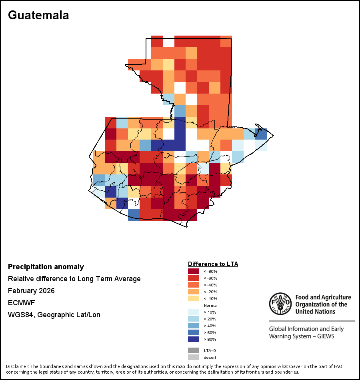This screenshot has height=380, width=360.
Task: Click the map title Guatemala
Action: (38, 15)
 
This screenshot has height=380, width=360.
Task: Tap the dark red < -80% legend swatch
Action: (194, 271)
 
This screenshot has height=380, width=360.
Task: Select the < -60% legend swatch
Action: (194, 278)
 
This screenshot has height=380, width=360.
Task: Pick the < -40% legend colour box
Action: (194, 285)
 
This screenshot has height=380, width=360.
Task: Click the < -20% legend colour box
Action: (194, 292)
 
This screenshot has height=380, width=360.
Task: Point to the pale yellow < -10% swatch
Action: (194, 298)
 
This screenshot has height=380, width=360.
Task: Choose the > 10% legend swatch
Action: (194, 312)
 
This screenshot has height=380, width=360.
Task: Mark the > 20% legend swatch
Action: (194, 319)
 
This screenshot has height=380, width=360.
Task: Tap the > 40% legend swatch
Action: (194, 326)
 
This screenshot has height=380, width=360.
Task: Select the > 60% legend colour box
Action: (194, 332)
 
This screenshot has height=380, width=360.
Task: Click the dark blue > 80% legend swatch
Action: (194, 339)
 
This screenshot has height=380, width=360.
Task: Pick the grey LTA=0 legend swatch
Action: (194, 350)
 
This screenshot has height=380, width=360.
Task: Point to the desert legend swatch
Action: (194, 357)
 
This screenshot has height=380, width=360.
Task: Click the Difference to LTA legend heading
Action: (213, 264)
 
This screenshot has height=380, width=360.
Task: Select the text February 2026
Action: (31, 291)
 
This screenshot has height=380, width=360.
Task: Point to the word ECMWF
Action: (19, 303)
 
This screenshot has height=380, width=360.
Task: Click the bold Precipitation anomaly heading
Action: (46, 267)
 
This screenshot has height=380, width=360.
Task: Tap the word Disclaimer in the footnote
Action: (17, 366)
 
